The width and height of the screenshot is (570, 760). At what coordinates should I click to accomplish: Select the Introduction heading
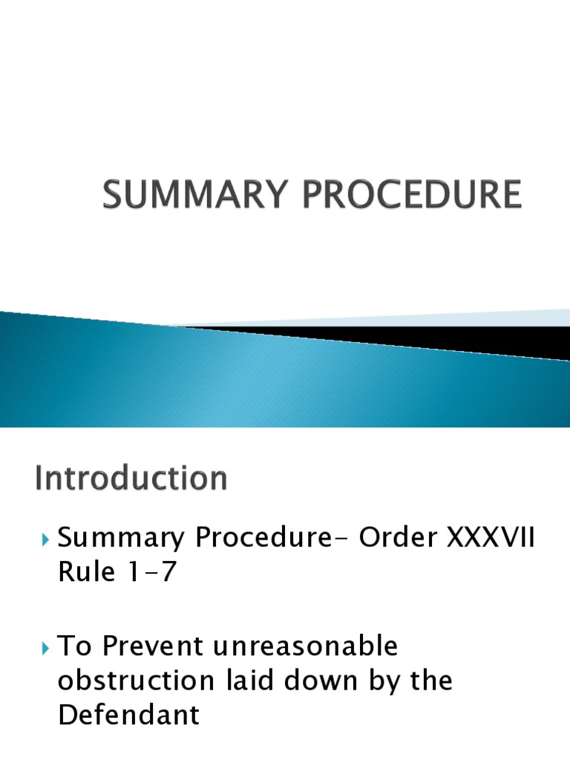click(131, 479)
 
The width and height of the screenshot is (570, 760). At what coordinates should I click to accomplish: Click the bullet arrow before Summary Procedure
click(46, 538)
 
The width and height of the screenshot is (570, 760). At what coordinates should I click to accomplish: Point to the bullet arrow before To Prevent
click(46, 648)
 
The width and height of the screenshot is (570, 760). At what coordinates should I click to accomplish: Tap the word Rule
click(84, 573)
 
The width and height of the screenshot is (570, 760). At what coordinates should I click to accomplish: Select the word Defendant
click(128, 716)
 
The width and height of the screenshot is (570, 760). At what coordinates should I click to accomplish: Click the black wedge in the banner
click(416, 338)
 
